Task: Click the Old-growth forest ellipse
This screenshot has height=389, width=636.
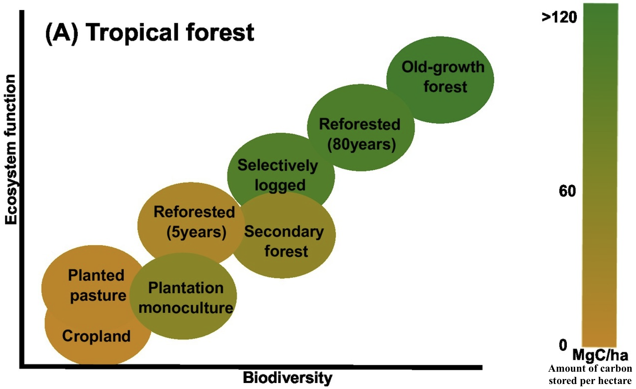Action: click(x=440, y=80)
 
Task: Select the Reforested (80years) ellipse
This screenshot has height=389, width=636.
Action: click(x=361, y=128)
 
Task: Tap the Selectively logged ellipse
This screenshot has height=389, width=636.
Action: click(x=281, y=170)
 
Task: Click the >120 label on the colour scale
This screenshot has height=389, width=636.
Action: click(x=559, y=18)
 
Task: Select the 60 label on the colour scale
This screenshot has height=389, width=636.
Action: click(x=567, y=191)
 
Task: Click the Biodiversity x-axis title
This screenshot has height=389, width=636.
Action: click(x=287, y=378)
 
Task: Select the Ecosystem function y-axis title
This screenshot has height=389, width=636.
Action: click(x=11, y=150)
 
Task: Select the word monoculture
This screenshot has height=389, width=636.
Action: click(x=186, y=308)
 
